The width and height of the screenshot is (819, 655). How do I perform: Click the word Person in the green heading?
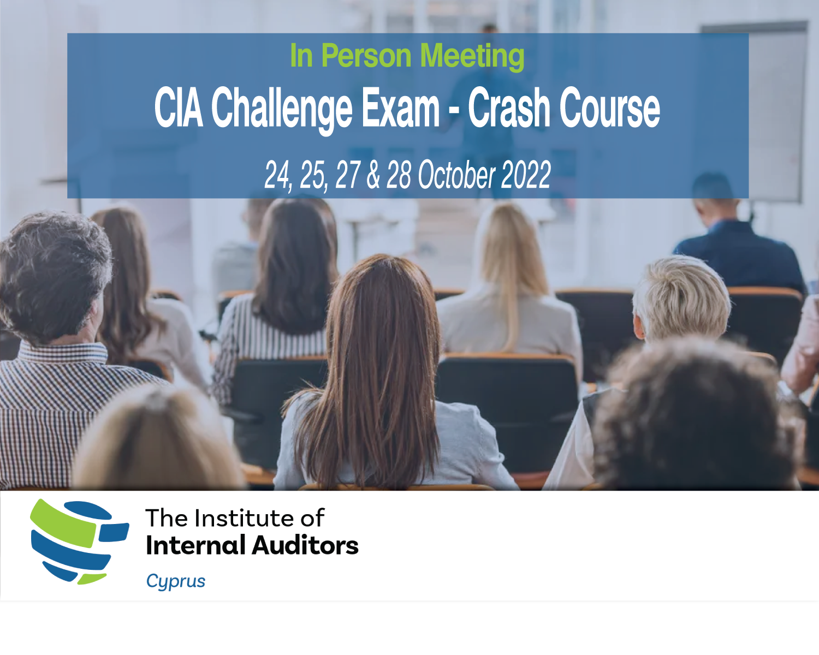366,56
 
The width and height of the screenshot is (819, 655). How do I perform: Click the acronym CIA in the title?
179,107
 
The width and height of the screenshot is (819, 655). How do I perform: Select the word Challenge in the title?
282,110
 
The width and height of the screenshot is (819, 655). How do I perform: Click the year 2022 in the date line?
526,174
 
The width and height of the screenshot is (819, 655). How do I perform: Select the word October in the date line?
456,174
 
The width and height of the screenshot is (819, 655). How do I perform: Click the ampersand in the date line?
373,174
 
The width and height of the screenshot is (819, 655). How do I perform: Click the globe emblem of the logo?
80,541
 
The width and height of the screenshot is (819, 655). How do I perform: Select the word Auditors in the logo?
305,545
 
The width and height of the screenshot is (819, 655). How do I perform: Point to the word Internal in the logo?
195,545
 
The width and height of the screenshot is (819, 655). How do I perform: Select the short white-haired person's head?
681,299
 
